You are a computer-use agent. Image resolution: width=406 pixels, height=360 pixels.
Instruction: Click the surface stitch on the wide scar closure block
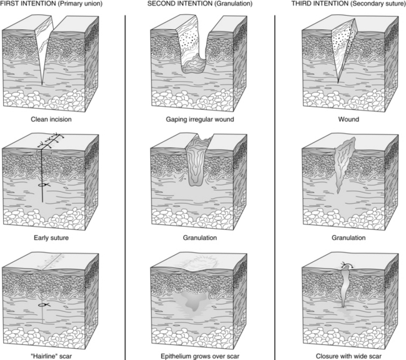[x=345, y=265]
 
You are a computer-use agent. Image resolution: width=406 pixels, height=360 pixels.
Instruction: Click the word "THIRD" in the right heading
[x=303, y=4]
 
